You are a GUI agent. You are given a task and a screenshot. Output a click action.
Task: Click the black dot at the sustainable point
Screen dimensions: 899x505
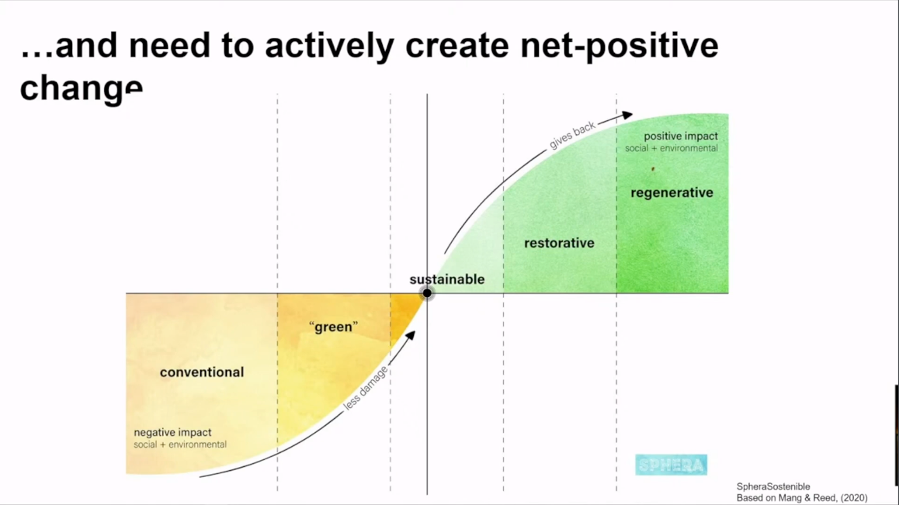[x=427, y=293]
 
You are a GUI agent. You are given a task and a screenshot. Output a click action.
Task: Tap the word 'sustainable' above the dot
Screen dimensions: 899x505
[x=447, y=279]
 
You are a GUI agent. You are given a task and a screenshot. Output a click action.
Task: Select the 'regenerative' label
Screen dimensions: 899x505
[x=672, y=192]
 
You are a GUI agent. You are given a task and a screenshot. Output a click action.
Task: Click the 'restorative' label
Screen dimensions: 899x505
[x=559, y=243]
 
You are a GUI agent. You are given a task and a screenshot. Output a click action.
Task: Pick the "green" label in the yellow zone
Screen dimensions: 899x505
[x=333, y=327]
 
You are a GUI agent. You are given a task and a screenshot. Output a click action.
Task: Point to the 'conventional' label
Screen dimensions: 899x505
[x=202, y=372]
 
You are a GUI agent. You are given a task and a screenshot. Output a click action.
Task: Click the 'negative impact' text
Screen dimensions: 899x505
[x=172, y=432]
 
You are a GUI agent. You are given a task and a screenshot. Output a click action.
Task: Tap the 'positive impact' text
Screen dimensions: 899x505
[x=681, y=137]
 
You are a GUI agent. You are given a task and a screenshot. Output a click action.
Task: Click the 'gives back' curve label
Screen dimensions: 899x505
[x=572, y=136]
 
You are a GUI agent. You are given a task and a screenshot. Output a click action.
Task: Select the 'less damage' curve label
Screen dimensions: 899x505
[x=366, y=388]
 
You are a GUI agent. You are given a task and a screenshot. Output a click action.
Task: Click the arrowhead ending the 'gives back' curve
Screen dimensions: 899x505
[x=628, y=115]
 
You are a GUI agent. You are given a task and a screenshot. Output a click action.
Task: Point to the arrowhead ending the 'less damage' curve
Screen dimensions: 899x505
[x=411, y=335]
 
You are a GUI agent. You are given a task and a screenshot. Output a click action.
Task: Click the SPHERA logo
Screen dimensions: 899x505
[x=671, y=465]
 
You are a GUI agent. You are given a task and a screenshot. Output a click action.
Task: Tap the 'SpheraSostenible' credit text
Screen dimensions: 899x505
[x=773, y=486]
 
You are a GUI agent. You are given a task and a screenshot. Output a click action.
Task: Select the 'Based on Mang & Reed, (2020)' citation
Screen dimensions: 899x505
[x=801, y=498]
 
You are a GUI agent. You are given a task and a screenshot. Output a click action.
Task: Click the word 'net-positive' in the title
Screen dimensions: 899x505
[x=620, y=46]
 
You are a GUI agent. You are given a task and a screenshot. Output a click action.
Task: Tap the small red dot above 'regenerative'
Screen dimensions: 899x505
[x=653, y=169]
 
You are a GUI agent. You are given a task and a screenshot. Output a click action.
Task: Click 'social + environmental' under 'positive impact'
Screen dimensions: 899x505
[x=672, y=148]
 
